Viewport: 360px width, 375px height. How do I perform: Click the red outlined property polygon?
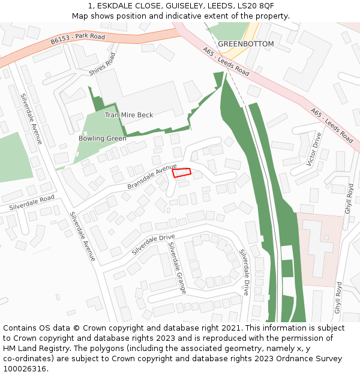(181, 173)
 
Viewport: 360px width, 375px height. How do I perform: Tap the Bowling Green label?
(102, 139)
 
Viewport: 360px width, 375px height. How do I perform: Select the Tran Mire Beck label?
(129, 115)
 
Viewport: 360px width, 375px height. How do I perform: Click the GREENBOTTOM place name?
(245, 44)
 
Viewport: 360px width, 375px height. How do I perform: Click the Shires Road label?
(102, 64)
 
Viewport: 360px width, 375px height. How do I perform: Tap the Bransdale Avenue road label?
(152, 176)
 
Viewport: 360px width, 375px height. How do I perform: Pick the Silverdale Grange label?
(177, 268)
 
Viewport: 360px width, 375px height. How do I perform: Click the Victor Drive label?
(314, 149)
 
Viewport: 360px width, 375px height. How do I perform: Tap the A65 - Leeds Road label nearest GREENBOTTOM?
(226, 62)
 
